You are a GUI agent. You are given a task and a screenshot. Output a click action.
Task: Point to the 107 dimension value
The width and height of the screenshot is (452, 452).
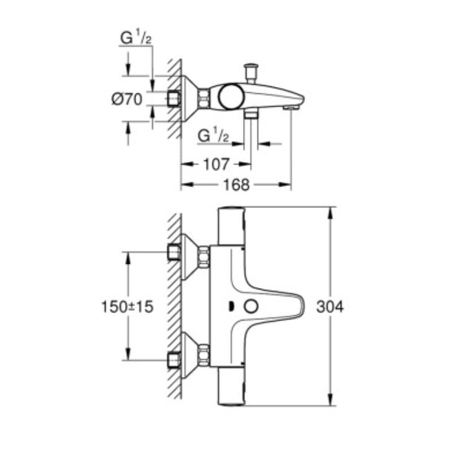(x=216, y=164)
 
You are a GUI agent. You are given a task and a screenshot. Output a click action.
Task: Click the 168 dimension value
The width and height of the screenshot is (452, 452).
(x=236, y=185)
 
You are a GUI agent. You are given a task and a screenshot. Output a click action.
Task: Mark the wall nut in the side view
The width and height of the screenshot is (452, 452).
(x=174, y=98)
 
